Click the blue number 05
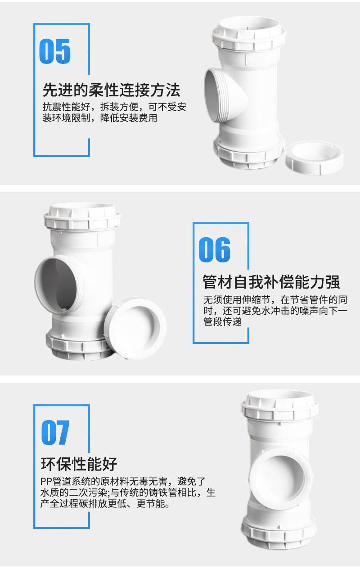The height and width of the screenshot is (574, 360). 55,51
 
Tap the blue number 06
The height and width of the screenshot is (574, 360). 215,249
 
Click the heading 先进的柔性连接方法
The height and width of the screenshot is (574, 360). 112,90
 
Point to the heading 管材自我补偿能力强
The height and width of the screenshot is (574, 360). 271,282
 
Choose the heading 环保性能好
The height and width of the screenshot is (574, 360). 79,464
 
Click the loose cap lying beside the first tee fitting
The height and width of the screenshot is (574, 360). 315,158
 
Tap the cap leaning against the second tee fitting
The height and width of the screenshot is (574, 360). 135,328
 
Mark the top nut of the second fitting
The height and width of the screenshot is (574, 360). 82,217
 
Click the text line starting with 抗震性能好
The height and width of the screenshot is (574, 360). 114,107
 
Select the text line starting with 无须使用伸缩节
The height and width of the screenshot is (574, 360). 275,299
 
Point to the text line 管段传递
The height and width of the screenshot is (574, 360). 223,321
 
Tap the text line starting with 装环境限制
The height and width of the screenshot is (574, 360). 100,118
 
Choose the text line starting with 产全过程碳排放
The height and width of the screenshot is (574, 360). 105,503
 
